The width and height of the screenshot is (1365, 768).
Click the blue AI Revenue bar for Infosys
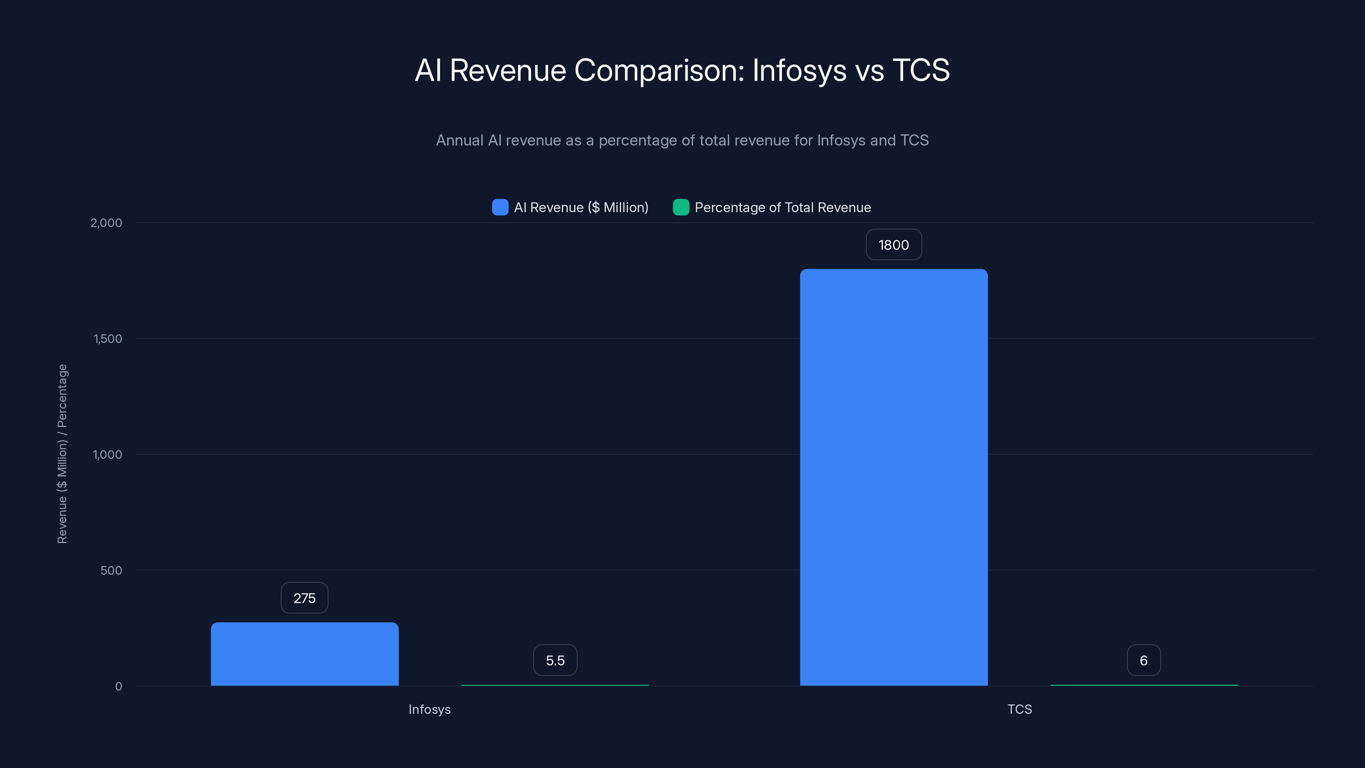[x=305, y=654]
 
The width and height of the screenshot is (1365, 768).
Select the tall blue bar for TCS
[x=893, y=477]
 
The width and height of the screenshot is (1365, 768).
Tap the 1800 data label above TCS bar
[x=893, y=245]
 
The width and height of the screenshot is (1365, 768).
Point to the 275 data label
[x=304, y=598]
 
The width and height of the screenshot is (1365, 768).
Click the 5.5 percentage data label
[x=555, y=660]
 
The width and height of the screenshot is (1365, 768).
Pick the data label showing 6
[x=1144, y=660]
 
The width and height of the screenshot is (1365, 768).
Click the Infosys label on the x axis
[x=429, y=709]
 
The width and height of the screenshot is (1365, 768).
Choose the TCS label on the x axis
[x=1019, y=709]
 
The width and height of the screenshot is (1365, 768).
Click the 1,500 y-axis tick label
[x=107, y=339]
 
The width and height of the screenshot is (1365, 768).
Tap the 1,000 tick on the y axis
[x=107, y=455]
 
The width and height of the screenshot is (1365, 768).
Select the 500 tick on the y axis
[x=111, y=570]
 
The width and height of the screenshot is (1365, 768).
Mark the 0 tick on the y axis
[x=119, y=687]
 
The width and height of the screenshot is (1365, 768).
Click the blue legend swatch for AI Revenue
[x=500, y=207]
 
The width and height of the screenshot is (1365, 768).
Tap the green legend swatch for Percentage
[x=680, y=207]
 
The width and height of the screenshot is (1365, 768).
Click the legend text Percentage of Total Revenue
[x=782, y=207]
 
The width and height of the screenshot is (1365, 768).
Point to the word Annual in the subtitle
[x=459, y=140]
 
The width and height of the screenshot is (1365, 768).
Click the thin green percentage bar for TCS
[x=1144, y=685]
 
